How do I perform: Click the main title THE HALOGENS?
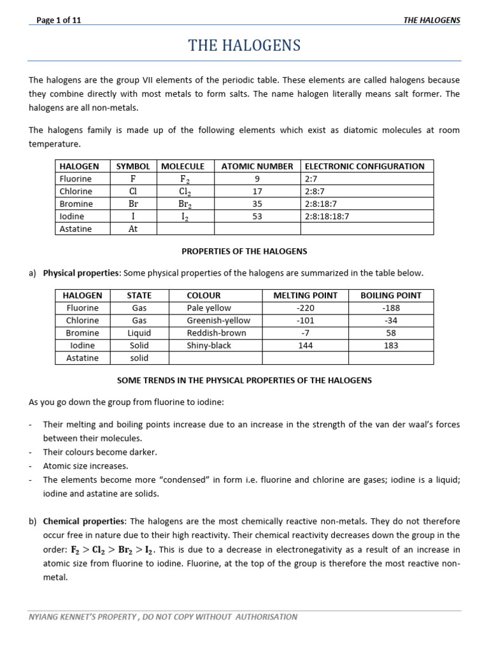click(x=244, y=46)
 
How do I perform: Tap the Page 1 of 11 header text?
click(x=59, y=20)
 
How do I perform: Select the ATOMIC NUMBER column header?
click(x=257, y=166)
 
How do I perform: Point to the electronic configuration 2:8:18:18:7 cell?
click(x=327, y=216)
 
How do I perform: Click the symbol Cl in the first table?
click(x=133, y=191)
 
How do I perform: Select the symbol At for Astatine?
click(x=133, y=229)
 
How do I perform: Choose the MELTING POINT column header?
click(x=305, y=295)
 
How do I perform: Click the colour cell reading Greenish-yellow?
click(x=218, y=320)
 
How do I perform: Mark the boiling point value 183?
click(x=391, y=346)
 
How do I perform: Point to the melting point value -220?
click(x=305, y=308)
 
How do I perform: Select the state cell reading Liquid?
click(x=139, y=333)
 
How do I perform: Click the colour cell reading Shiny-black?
click(x=209, y=346)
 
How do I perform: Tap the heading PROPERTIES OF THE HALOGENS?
click(x=244, y=252)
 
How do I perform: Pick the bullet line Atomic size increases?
click(x=85, y=466)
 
